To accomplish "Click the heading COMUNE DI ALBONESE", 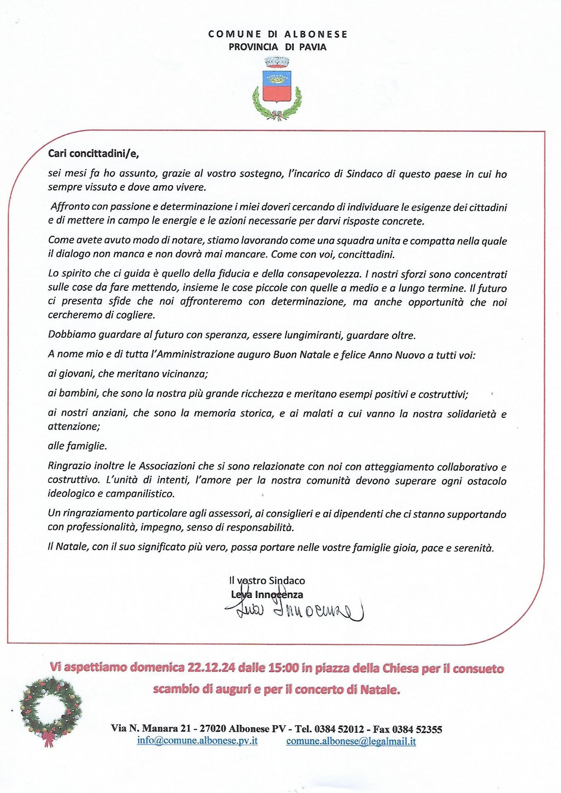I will pyautogui.click(x=278, y=34).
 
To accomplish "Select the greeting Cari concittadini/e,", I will pyautogui.click(x=93, y=154).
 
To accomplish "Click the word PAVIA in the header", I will pyautogui.click(x=313, y=47).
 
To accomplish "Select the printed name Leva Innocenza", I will pyautogui.click(x=267, y=595).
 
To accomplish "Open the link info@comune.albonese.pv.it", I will pyautogui.click(x=197, y=741).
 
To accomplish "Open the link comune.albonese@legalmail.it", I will pyautogui.click(x=351, y=741).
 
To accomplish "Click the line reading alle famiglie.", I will pyautogui.click(x=77, y=446).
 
